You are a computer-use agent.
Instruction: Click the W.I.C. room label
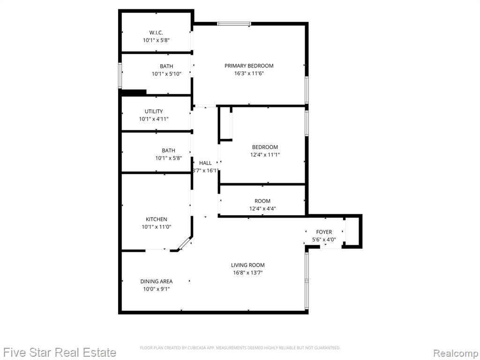click(156, 32)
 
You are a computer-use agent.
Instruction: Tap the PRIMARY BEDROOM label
click(249, 66)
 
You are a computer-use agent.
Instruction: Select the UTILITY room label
click(154, 112)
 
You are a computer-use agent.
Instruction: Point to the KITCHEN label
click(157, 219)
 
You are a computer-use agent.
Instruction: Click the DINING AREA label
click(157, 281)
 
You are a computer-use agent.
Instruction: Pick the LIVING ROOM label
click(248, 265)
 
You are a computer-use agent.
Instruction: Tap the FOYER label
click(324, 232)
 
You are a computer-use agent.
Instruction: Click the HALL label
click(205, 163)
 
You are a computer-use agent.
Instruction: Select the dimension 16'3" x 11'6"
click(248, 74)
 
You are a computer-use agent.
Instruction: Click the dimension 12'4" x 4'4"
click(262, 209)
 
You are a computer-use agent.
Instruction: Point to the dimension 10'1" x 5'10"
click(166, 74)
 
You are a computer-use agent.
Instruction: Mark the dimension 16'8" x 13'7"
click(248, 273)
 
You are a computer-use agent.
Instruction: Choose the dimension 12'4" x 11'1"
click(265, 155)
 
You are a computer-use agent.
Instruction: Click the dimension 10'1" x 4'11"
click(154, 119)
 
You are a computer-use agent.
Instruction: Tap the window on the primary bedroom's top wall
click(234, 23)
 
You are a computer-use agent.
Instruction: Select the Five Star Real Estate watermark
click(60, 352)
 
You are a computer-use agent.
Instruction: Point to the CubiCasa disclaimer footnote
click(240, 348)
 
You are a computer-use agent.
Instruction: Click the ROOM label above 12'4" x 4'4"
click(262, 201)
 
